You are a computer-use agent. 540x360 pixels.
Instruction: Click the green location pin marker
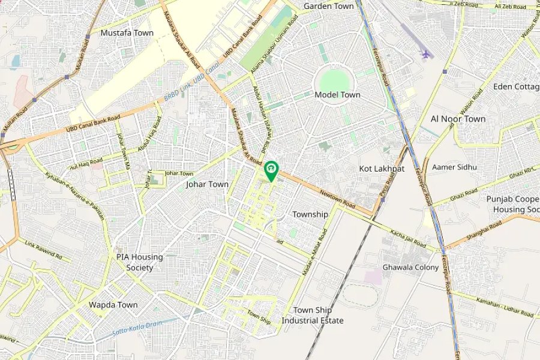pyautogui.click(x=271, y=170)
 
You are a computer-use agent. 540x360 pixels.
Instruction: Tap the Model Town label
pyautogui.click(x=337, y=95)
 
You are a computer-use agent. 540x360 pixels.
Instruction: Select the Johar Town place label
pyautogui.click(x=207, y=184)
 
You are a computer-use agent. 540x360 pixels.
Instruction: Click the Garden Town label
pyautogui.click(x=328, y=6)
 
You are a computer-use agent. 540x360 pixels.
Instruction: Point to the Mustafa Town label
pyautogui.click(x=127, y=33)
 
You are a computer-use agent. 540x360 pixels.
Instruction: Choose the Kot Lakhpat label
pyautogui.click(x=382, y=169)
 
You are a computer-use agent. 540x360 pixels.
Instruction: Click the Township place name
pyautogui.click(x=310, y=214)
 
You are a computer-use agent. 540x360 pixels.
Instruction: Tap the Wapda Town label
pyautogui.click(x=113, y=305)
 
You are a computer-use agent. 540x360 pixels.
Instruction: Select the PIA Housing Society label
pyautogui.click(x=139, y=262)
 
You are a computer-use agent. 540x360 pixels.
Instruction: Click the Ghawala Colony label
pyautogui.click(x=410, y=267)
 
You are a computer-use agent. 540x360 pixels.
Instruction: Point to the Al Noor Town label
pyautogui.click(x=458, y=119)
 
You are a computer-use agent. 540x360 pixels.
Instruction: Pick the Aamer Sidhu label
pyautogui.click(x=454, y=167)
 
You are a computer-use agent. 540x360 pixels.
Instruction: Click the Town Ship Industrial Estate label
pyautogui.click(x=313, y=316)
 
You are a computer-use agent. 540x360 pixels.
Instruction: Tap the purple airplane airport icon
pyautogui.click(x=426, y=54)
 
